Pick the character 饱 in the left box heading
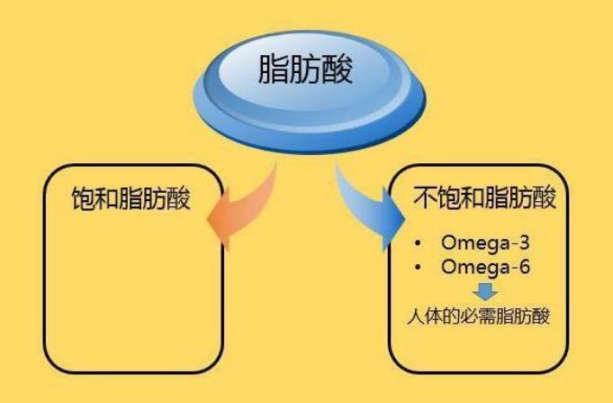tap(84, 199)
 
